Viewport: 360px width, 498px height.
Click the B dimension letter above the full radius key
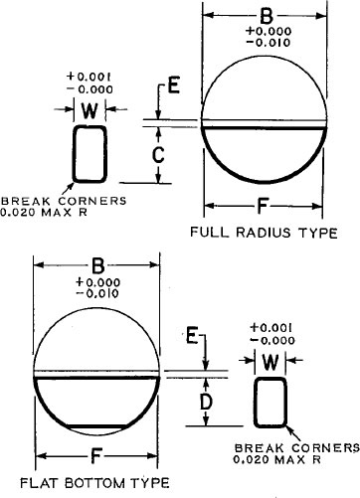pyautogui.click(x=267, y=16)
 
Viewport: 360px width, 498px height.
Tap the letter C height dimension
pyautogui.click(x=158, y=154)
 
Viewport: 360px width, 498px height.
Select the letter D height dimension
pyautogui.click(x=206, y=402)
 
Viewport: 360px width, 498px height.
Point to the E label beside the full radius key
pyautogui.click(x=174, y=84)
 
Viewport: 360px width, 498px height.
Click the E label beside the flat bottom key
pyautogui.click(x=192, y=335)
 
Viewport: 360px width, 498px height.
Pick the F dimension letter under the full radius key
pyautogui.click(x=263, y=206)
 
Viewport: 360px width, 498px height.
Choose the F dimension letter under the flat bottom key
pyautogui.click(x=95, y=456)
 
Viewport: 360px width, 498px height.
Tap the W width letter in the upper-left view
pyautogui.click(x=90, y=110)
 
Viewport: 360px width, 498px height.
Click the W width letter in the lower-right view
pyautogui.click(x=270, y=362)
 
